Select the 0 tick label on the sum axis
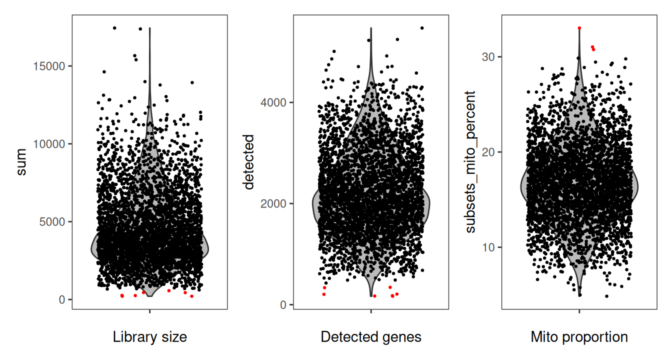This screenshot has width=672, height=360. [61, 299]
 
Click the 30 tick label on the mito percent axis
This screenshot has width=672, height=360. [489, 56]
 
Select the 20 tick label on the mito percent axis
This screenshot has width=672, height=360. [489, 152]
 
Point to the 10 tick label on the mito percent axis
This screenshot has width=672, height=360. [489, 247]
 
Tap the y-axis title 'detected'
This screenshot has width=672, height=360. [248, 162]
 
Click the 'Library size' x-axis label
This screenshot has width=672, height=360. [150, 337]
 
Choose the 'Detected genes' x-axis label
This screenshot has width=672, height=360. [371, 337]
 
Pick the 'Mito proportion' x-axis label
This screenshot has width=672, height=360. [579, 337]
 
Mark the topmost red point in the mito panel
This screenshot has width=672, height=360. [579, 28]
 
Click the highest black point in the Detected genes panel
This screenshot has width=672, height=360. [421, 28]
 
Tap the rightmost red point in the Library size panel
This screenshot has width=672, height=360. [191, 296]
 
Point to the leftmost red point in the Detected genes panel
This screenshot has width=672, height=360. [324, 294]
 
